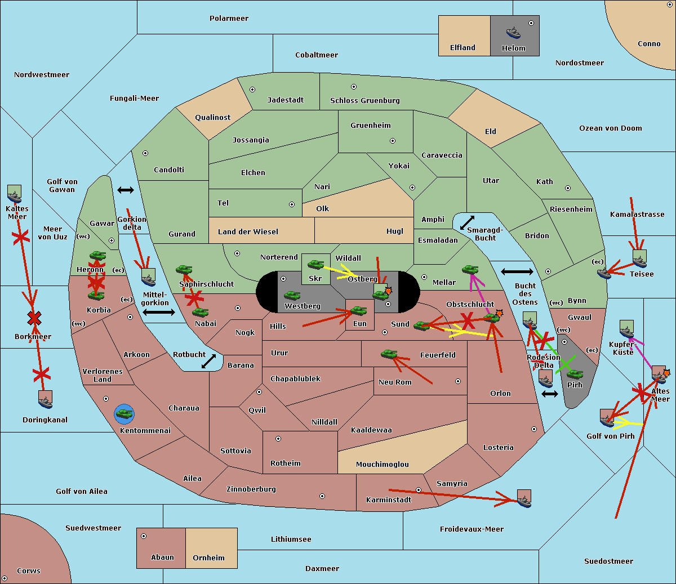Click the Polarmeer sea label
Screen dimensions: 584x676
click(229, 19)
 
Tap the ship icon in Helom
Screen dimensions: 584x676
click(513, 33)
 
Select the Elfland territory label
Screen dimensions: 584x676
click(462, 48)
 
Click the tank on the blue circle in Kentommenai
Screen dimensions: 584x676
click(124, 414)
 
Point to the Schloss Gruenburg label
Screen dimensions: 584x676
click(364, 101)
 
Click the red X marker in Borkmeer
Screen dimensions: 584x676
click(34, 319)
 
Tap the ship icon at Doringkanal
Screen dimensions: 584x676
click(46, 400)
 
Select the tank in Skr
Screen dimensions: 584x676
click(315, 264)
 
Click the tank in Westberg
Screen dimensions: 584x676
click(292, 296)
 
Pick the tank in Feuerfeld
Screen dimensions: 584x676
click(389, 354)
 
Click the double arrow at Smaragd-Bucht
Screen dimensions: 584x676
click(467, 222)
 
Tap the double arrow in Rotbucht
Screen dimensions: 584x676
click(208, 361)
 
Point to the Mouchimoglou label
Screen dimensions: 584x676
click(382, 465)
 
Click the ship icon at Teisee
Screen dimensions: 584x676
click(639, 260)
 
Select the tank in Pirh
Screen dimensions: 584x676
click(575, 375)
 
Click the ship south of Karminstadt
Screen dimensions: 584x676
click(524, 499)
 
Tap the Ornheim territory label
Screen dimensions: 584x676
click(208, 558)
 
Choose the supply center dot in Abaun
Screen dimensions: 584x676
click(144, 536)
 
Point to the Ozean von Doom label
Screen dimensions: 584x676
click(610, 128)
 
